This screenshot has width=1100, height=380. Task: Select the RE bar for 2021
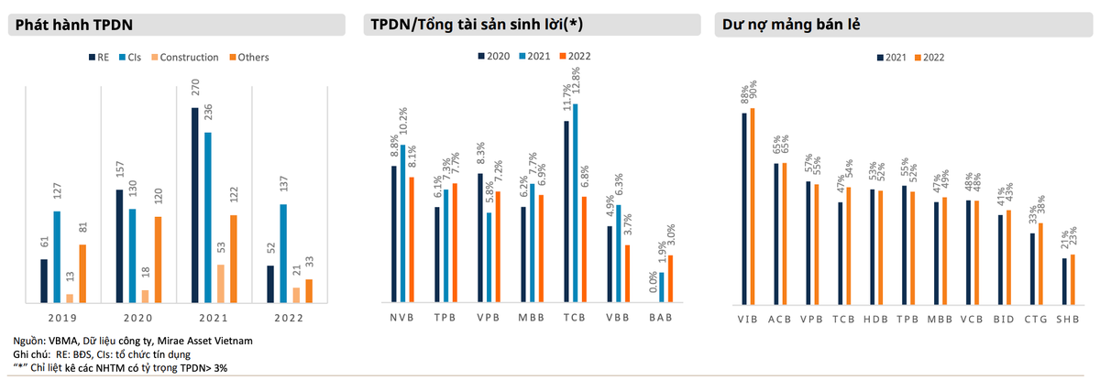(x=195, y=205)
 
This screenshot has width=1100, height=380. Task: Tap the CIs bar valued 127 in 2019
(x=57, y=256)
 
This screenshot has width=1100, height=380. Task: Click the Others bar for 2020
(x=158, y=259)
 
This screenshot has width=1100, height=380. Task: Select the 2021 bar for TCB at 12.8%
(x=576, y=202)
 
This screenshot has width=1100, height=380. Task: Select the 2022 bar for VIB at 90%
(x=753, y=206)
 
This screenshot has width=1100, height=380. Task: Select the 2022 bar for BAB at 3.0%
(x=670, y=278)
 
